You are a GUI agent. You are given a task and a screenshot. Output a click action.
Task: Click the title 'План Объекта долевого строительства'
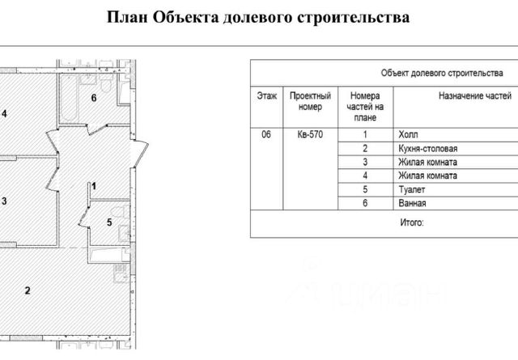coord(258,17)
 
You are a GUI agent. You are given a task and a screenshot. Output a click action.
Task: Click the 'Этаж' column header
coord(265,95)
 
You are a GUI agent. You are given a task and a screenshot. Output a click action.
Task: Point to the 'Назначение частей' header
coord(452,95)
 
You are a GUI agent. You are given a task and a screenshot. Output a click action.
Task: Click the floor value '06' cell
coord(265,134)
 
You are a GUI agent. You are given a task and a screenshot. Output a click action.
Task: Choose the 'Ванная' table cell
coord(412,203)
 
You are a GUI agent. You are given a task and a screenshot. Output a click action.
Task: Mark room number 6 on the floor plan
coord(94,99)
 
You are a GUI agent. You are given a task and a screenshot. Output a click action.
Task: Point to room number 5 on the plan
coord(108,221)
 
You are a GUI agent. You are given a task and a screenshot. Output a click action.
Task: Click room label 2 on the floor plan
coord(28,290)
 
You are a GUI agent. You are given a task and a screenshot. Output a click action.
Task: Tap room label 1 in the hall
coord(94,186)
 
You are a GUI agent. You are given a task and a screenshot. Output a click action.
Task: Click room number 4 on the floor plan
coord(4,114)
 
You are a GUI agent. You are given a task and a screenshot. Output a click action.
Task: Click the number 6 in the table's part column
coord(366,203)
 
